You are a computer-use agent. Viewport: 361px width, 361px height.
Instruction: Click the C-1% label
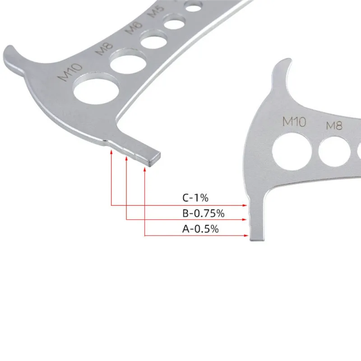coord(195,198)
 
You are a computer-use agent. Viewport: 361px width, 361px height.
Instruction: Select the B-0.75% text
coord(204,213)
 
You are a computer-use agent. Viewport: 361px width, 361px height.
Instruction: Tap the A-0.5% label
coord(200,229)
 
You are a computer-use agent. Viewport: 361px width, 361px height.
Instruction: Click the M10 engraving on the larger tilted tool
coord(70,72)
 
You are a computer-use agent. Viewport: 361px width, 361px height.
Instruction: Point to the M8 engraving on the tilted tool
coord(105,49)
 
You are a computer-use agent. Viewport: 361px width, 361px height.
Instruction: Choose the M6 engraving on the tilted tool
coord(134,28)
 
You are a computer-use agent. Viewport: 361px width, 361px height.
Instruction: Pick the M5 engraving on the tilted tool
coord(156,11)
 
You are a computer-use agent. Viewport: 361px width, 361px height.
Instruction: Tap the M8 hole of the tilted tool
coord(128,61)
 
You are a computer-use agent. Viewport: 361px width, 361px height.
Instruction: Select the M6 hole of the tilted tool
coord(153,40)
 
